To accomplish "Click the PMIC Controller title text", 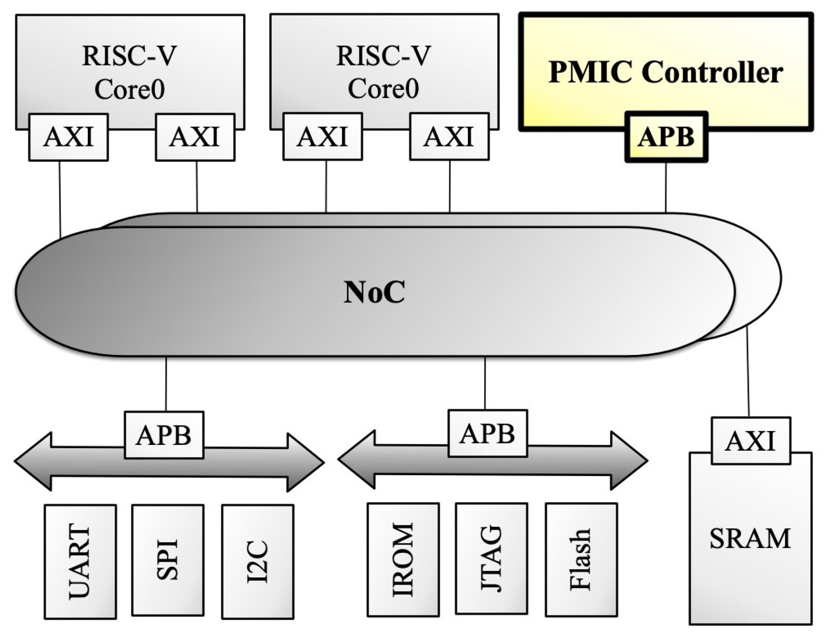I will click(x=665, y=72).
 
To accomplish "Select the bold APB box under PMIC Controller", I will click(x=666, y=137).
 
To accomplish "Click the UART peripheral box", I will click(x=80, y=561).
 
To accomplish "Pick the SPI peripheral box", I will click(x=167, y=560).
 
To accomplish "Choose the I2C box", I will click(x=257, y=561).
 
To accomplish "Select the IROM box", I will click(x=403, y=560).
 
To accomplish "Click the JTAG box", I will click(x=491, y=558).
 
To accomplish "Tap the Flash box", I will click(x=581, y=560).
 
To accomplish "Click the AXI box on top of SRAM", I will click(x=750, y=441).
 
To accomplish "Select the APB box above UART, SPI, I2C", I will click(x=164, y=435).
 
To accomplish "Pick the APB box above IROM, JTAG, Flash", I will click(x=487, y=433).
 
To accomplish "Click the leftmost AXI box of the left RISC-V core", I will click(x=68, y=137).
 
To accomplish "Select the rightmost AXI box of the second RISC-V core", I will click(x=449, y=137).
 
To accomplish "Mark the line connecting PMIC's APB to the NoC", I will click(x=666, y=187).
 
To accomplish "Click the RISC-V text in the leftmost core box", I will click(x=129, y=56).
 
